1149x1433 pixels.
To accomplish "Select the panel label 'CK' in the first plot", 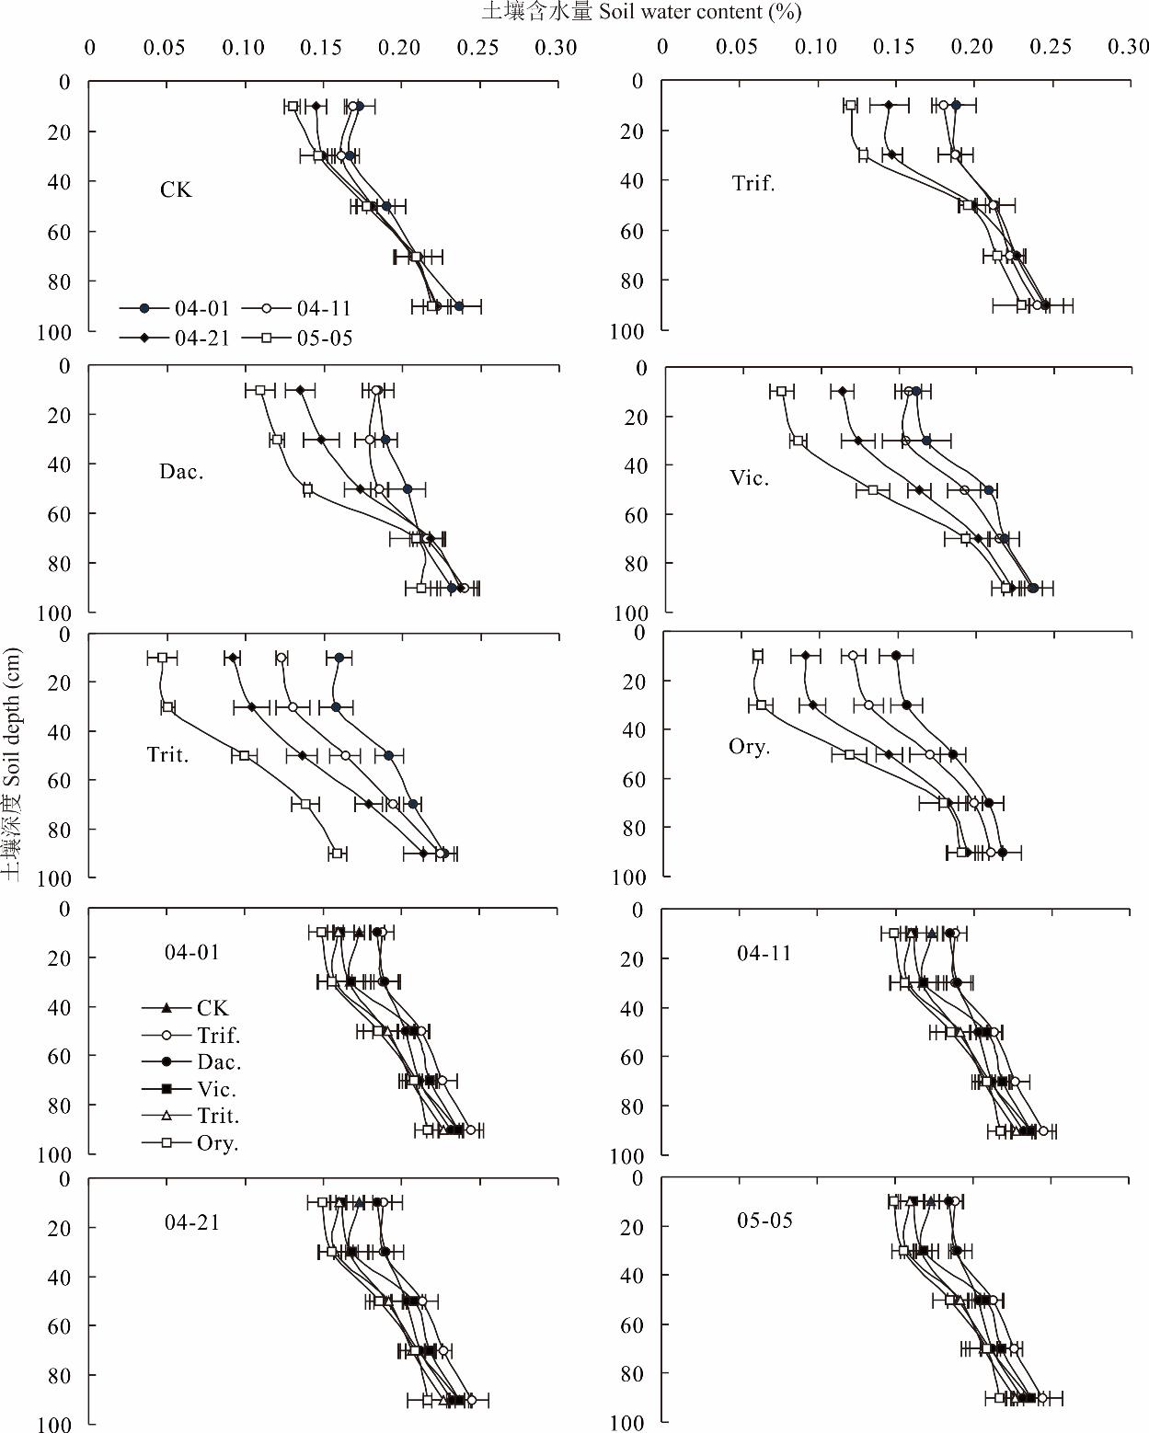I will [176, 190].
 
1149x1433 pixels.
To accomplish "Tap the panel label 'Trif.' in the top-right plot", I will [753, 183].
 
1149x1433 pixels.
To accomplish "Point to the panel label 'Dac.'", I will [181, 473].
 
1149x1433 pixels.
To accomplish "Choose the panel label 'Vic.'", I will [750, 478].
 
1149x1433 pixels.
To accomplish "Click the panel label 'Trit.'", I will [167, 755].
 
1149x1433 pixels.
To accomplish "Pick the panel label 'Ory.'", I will [749, 747].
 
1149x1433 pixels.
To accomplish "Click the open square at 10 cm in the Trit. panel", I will [162, 658].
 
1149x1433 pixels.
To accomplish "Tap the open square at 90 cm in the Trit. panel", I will [338, 854].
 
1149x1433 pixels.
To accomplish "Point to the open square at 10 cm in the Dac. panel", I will [260, 390].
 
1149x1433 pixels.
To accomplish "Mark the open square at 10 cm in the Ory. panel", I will [758, 656].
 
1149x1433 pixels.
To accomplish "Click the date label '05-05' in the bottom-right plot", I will [764, 1221].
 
